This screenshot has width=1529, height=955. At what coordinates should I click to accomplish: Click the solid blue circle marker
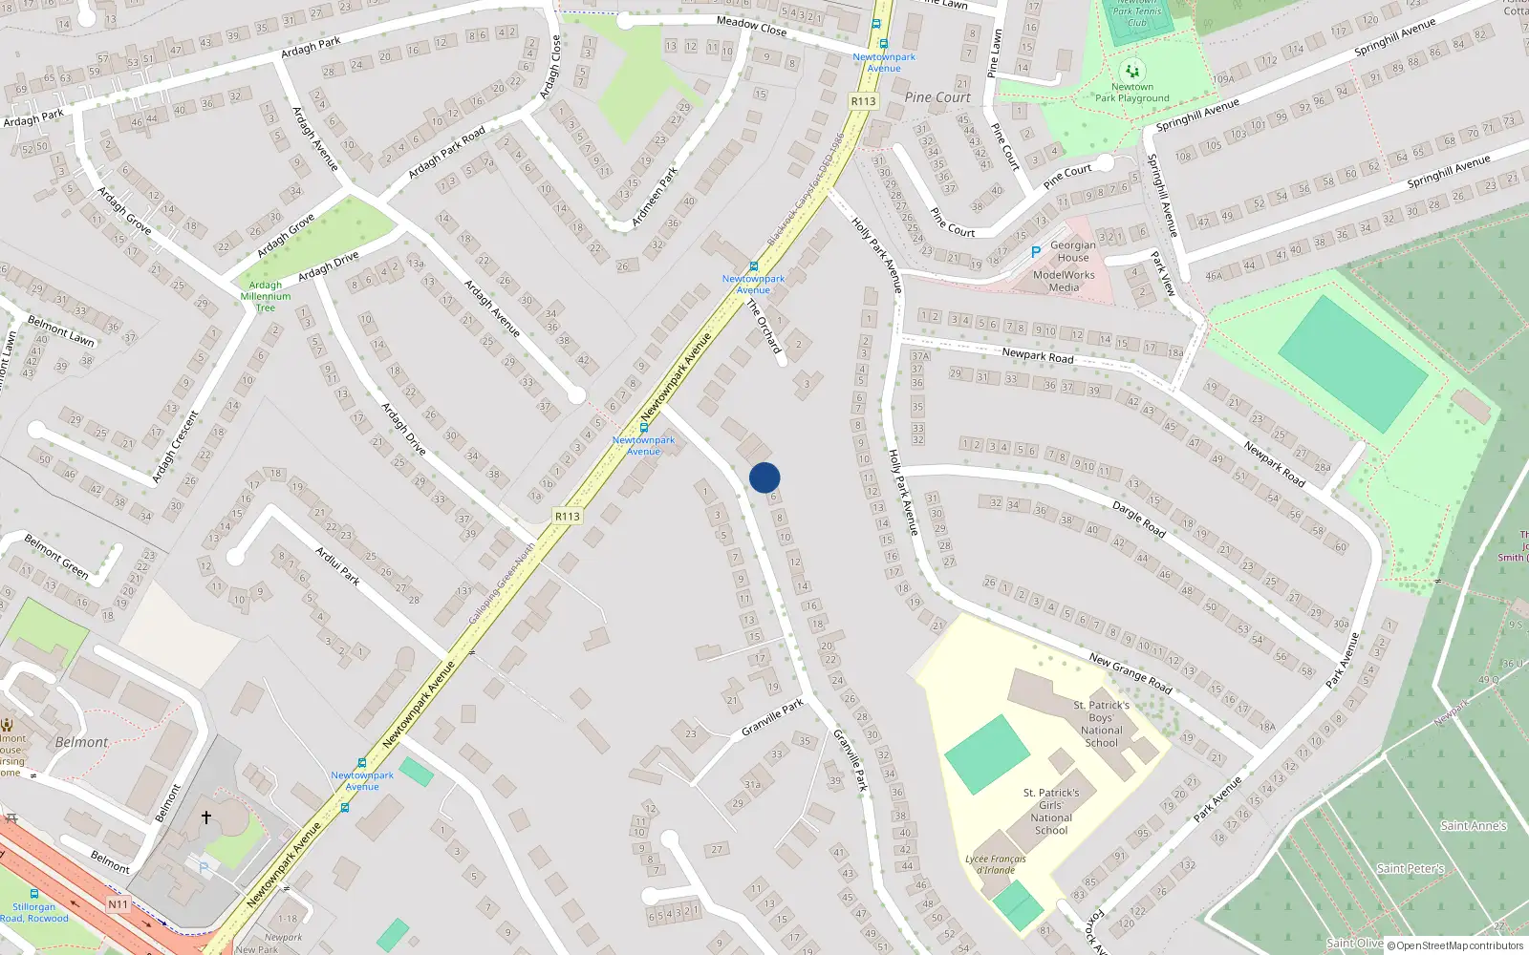pyautogui.click(x=764, y=477)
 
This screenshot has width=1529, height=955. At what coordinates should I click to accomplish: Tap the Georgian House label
pyautogui.click(x=1072, y=251)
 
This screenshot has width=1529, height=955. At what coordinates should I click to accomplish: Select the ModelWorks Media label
pyautogui.click(x=1064, y=281)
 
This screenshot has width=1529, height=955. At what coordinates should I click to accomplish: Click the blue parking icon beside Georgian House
pyautogui.click(x=1035, y=252)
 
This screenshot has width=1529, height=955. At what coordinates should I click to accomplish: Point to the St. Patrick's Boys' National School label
pyautogui.click(x=1101, y=724)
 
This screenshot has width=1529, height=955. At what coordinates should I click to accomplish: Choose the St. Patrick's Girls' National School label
pyautogui.click(x=1051, y=811)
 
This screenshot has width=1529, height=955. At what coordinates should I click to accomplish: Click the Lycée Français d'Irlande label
pyautogui.click(x=995, y=864)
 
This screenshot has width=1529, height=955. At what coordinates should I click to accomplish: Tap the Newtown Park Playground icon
pyautogui.click(x=1132, y=71)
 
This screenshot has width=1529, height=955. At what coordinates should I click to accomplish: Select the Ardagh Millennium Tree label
pyautogui.click(x=265, y=296)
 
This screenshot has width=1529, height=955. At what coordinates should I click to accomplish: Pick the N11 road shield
pyautogui.click(x=118, y=904)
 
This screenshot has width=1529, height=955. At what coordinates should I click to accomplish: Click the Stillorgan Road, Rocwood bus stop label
pyautogui.click(x=34, y=912)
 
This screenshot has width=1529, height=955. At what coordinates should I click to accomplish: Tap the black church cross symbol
pyautogui.click(x=205, y=817)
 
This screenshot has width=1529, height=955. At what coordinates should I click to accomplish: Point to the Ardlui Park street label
pyautogui.click(x=337, y=565)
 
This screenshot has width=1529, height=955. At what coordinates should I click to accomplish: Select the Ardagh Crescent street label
pyautogui.click(x=176, y=446)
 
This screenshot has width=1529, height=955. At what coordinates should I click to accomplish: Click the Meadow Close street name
pyautogui.click(x=751, y=26)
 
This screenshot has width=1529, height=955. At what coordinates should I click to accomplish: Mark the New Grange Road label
pyautogui.click(x=1130, y=673)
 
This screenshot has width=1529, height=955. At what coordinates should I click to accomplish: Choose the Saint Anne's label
pyautogui.click(x=1473, y=826)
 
